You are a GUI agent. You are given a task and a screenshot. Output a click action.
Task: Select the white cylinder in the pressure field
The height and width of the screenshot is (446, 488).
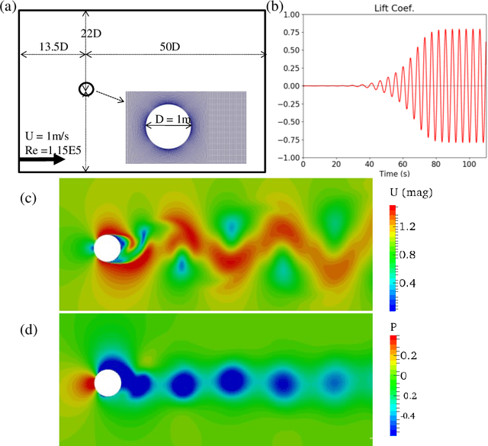107,383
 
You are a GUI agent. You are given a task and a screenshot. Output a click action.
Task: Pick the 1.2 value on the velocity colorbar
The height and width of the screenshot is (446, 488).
405,226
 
